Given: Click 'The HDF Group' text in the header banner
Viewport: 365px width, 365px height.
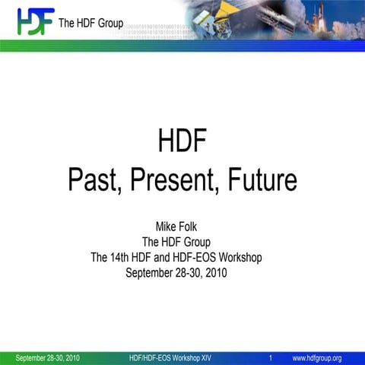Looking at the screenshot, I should pos(90,24).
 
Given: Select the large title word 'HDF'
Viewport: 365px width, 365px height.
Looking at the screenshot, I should pos(182,142).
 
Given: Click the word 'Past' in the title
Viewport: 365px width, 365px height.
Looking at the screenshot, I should pos(94,181).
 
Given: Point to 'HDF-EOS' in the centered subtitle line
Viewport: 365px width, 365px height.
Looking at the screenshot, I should pos(187,258).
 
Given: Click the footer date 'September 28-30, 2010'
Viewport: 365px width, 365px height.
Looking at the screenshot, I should pos(48,357).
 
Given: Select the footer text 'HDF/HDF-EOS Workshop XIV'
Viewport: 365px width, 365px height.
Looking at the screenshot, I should pos(170,357).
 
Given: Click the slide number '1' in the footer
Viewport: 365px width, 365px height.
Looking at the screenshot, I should pos(271,357).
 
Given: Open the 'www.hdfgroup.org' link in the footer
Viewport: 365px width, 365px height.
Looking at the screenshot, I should pos(317,357).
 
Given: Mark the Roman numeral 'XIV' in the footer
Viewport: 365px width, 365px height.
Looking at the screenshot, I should pos(204,357).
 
